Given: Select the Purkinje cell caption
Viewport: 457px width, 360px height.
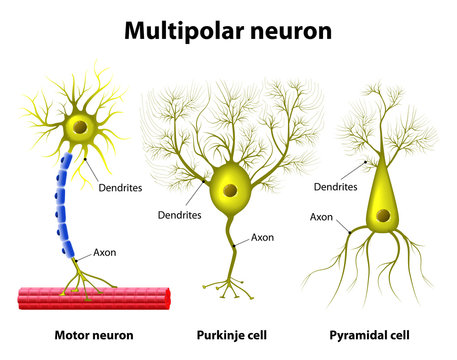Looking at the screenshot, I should tap(229, 334).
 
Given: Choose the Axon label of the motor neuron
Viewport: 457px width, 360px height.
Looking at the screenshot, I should tap(104, 252).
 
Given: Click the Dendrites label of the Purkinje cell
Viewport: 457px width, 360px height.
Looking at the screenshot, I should tap(180, 214).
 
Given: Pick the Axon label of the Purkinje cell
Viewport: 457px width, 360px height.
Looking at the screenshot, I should tap(262, 237).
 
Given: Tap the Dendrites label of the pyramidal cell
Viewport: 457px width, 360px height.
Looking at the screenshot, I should tap(336, 186).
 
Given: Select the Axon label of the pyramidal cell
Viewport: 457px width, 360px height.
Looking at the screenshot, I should tap(321, 216).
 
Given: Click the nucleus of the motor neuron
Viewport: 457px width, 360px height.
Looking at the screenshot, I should tap(80, 127).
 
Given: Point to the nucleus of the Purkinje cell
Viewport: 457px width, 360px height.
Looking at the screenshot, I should tap(230, 190).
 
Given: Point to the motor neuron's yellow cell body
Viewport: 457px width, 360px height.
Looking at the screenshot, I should tap(80, 128).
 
